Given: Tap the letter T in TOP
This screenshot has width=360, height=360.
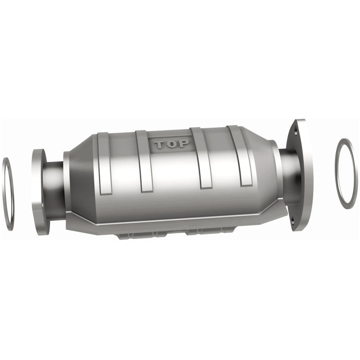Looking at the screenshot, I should [x=160, y=145].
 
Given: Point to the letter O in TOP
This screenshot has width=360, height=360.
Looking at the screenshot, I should [x=172, y=144].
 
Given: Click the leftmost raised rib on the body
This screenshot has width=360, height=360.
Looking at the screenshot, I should [x=104, y=164].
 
